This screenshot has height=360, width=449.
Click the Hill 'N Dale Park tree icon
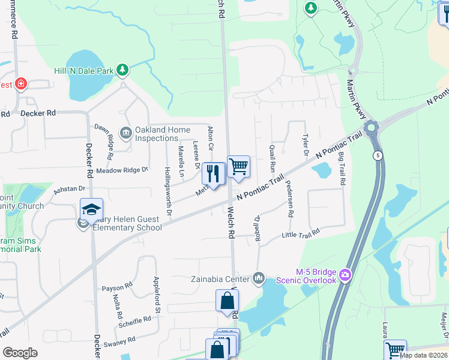coord(122,70)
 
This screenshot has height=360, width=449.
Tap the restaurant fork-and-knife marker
coord(213,173)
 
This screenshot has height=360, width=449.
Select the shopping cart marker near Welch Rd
coord(238,167)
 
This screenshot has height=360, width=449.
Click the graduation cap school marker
coord(91,209)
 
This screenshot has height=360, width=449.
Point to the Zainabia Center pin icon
coord(259,278)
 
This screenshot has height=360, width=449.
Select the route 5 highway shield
coord(377,155)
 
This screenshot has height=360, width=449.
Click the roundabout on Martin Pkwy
coord(372,127)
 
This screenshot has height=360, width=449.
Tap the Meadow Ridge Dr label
coord(122,170)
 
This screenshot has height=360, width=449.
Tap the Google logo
coord(20,353)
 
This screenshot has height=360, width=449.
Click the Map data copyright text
coord(423,355)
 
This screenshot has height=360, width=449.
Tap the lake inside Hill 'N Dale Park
coord(84,75)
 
